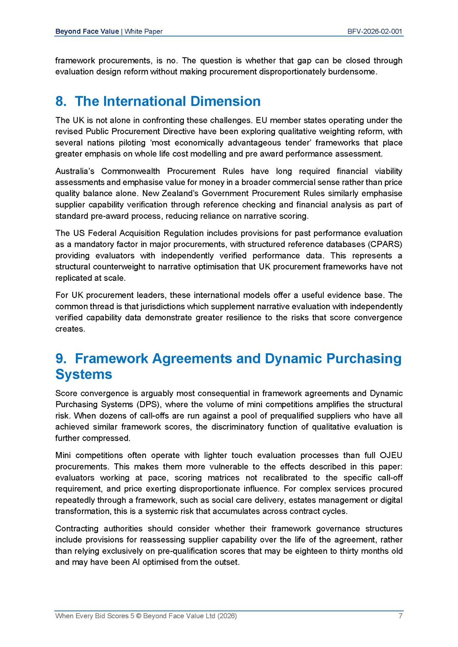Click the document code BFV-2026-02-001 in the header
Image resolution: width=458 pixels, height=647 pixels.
(374, 31)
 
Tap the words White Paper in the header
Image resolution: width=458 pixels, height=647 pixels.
(143, 31)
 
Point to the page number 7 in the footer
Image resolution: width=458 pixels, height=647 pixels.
(400, 616)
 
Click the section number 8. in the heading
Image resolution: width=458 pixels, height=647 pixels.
(61, 101)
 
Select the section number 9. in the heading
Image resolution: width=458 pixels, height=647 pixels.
(61, 358)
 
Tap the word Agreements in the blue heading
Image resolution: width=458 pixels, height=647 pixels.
(192, 358)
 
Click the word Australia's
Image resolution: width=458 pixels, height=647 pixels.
(75, 171)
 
